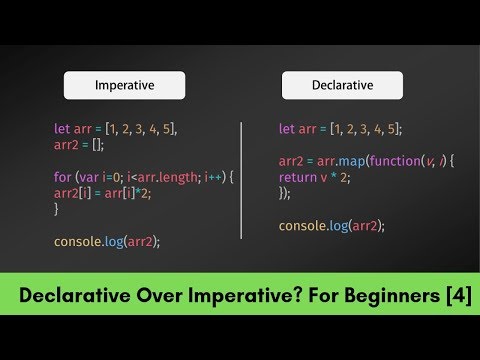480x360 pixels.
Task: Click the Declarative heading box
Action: pyautogui.click(x=342, y=85)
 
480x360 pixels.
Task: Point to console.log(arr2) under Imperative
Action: pyautogui.click(x=107, y=241)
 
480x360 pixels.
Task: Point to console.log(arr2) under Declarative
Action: pyautogui.click(x=332, y=226)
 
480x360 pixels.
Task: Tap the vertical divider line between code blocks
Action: pyautogui.click(x=241, y=180)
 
